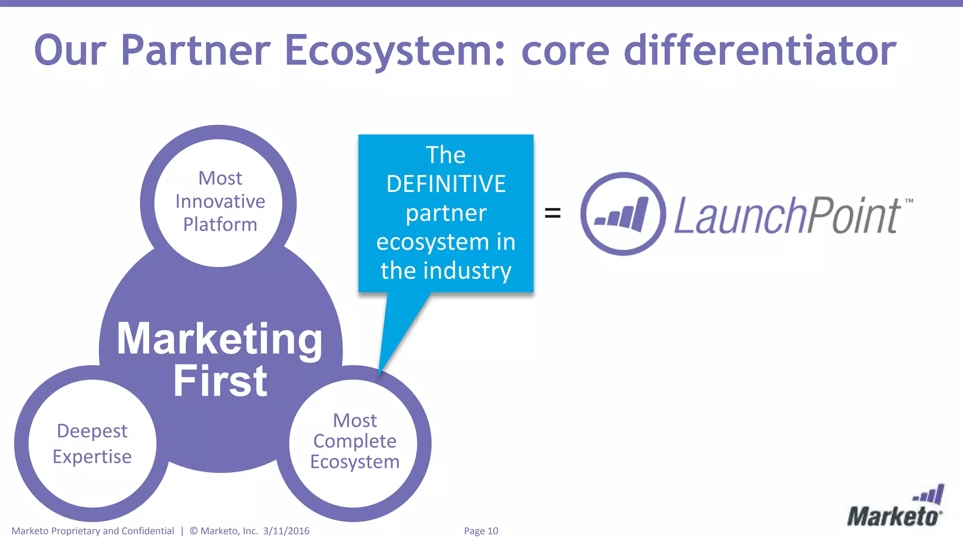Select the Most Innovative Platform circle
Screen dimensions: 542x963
219,202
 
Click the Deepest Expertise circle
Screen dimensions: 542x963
92,443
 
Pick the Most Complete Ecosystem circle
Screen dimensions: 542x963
354,442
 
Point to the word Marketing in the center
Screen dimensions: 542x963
220,339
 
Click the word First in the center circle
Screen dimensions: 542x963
220,381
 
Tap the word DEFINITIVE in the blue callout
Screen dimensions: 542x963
446,184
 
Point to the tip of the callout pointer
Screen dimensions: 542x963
379,374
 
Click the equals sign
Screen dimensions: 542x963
553,213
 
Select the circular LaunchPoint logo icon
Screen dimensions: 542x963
623,214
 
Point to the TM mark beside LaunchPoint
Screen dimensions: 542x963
909,201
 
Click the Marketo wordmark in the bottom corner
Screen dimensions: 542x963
894,517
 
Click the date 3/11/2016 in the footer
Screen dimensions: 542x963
286,531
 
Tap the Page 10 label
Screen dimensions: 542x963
481,531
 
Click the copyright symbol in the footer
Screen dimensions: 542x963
194,531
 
